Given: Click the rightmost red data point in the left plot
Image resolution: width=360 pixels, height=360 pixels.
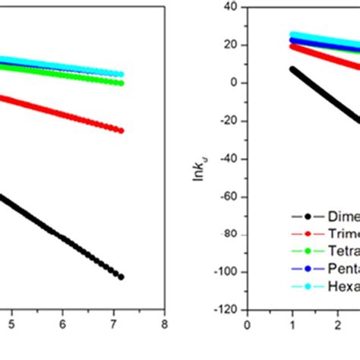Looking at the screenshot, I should (x=121, y=131).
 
